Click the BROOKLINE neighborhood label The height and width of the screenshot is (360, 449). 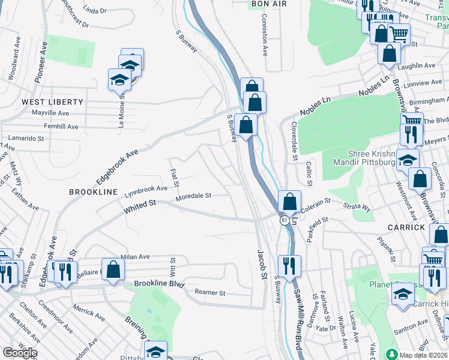coord(93,191)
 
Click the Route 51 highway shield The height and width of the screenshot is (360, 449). coord(285,221)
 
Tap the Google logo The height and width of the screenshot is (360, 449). coord(19,353)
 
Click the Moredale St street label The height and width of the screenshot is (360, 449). coord(193,196)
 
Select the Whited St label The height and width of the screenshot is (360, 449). coord(140,207)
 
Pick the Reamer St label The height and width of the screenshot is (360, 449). coord(209,293)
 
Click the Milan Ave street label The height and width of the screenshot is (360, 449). coord(135,256)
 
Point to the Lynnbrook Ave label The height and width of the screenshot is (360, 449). coord(146,191)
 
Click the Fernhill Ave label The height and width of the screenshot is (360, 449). coord(61,127)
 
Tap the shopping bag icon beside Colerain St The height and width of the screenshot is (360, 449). coord(289,202)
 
